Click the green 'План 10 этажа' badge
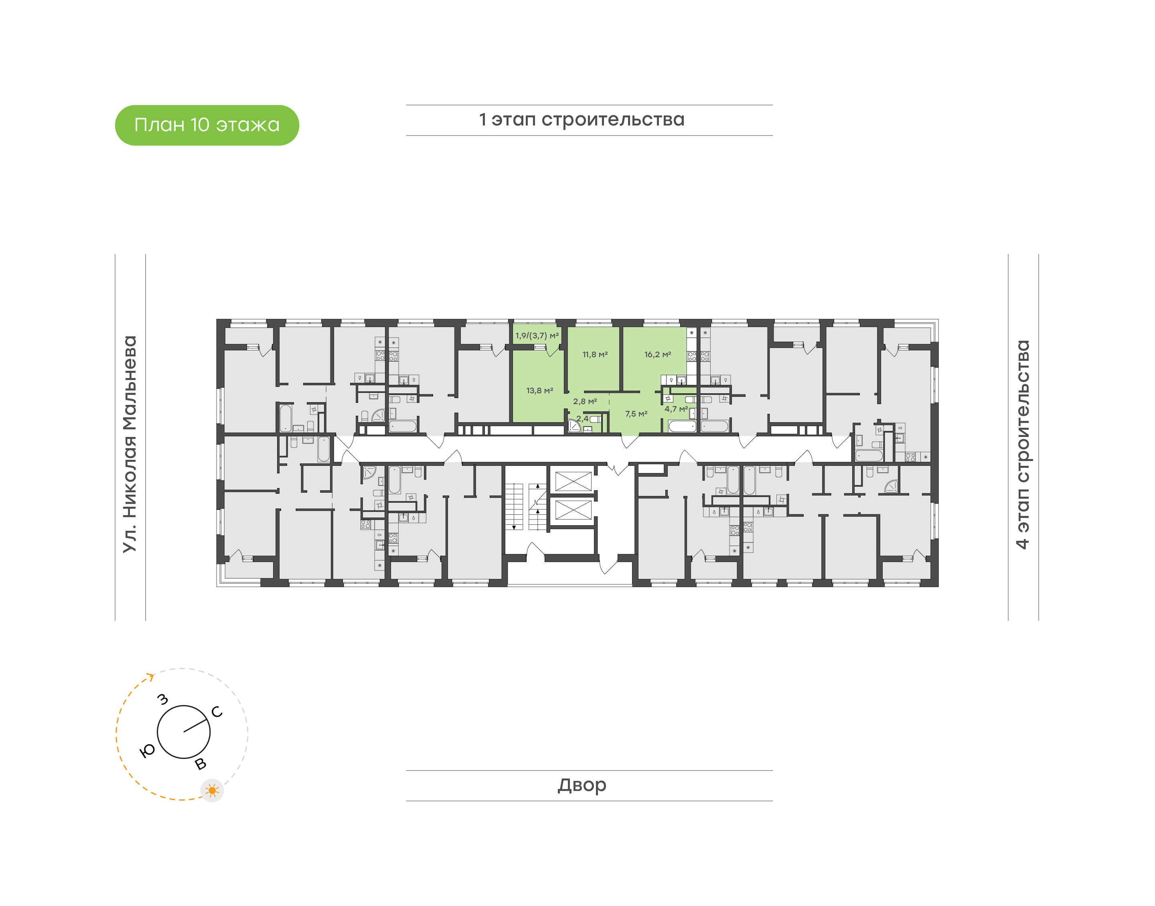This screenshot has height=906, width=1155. coord(207,125)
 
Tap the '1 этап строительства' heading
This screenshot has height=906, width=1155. coord(582,120)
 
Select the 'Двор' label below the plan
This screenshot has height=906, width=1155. coord(582,785)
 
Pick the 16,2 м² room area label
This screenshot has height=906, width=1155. coord(657,354)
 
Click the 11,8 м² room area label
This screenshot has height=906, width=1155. coord(595,354)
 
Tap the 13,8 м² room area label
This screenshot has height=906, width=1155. coord(539,390)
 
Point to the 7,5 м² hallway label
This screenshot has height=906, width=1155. coord(636,414)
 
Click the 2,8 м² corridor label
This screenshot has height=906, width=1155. coord(585,402)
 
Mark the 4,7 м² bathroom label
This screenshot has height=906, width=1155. coord(676,409)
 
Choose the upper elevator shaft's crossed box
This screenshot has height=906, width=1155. coord(573,481)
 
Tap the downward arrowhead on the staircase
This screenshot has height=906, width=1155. coord(514,527)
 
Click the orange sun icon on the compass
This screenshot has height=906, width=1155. coord(212,791)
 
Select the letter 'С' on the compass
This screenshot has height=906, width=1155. coord(217,712)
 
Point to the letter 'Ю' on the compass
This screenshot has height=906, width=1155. coord(148,750)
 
